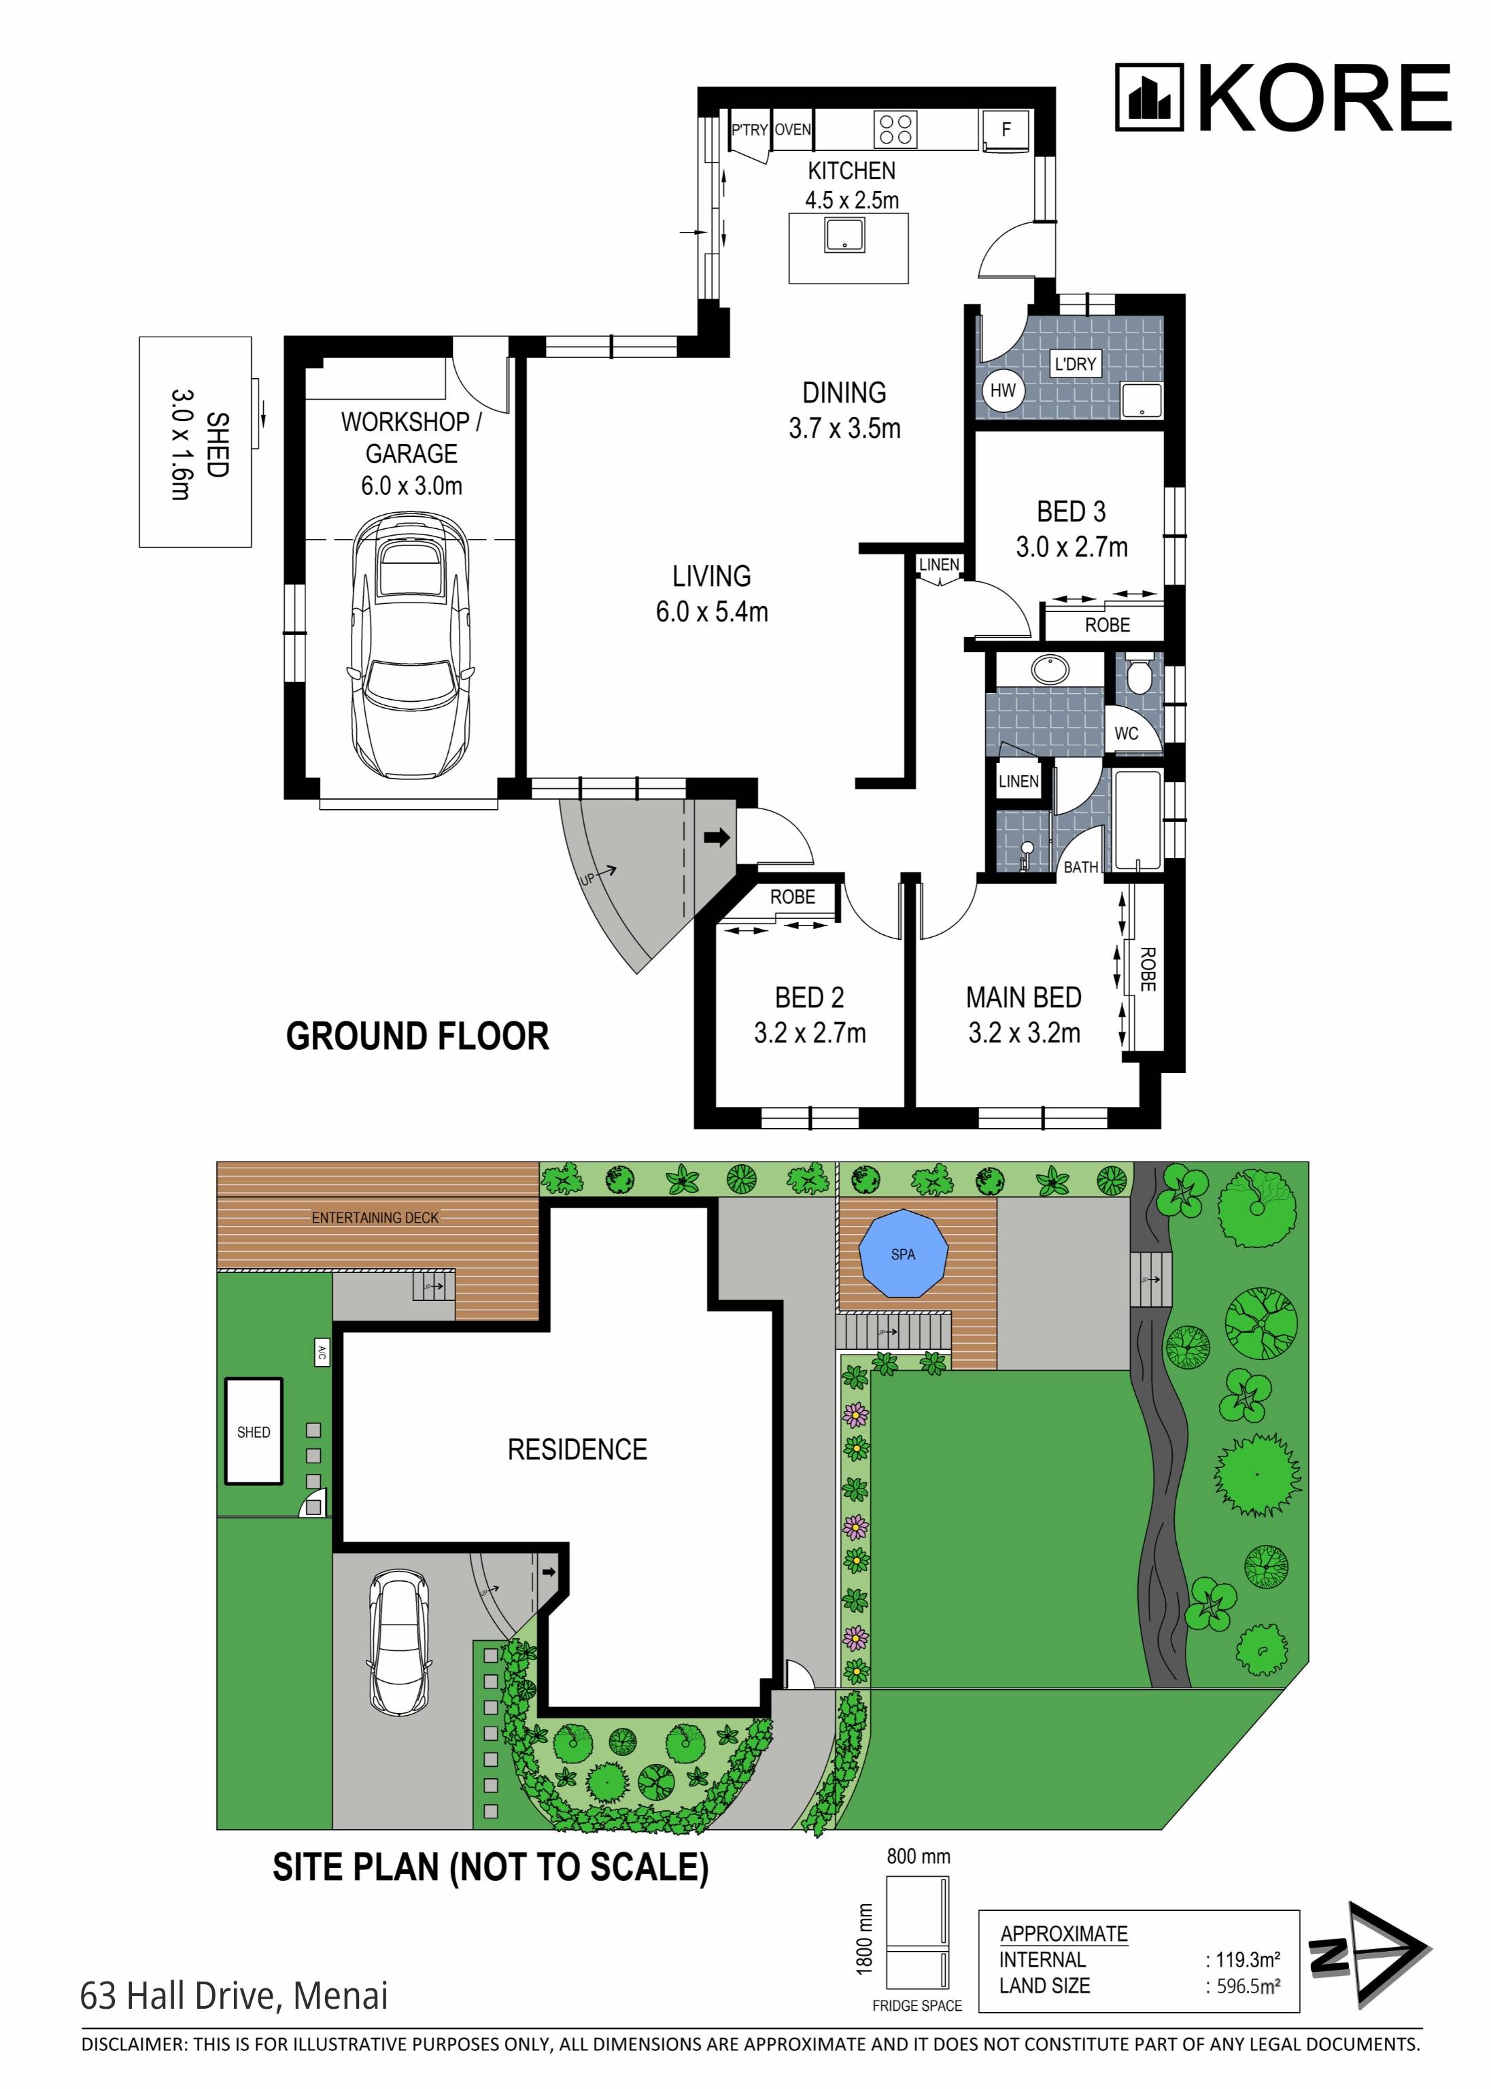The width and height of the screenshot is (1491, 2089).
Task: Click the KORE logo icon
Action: click(x=1148, y=97)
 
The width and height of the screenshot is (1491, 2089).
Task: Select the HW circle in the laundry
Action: click(x=1003, y=390)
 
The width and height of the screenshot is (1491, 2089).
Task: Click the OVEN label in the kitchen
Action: click(x=792, y=129)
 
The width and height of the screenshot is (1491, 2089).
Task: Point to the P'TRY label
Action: click(x=749, y=129)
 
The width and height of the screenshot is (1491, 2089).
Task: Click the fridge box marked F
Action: click(x=1006, y=129)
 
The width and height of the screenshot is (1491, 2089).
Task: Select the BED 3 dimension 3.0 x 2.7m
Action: click(x=1071, y=547)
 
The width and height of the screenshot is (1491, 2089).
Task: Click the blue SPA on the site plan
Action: click(x=902, y=1253)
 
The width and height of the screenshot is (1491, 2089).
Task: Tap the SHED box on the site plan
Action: click(x=254, y=1431)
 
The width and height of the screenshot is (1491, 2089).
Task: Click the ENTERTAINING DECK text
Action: click(x=375, y=1218)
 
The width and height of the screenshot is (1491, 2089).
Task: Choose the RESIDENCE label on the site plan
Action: click(x=577, y=1449)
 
